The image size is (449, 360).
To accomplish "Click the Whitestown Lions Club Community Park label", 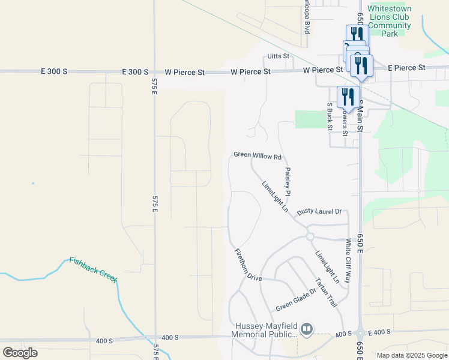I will coord(389,22).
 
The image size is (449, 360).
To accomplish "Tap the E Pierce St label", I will coord(406,68).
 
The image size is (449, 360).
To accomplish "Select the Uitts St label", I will coord(278,56).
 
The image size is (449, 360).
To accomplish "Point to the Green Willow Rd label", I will coord(258,155).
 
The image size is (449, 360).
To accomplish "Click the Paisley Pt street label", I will coord(288,182).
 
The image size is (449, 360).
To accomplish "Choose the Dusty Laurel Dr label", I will coord(319,212).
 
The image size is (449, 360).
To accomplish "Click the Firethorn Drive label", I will coord(247,265).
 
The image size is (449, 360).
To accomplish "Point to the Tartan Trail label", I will coord(327,293).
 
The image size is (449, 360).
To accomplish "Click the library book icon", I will coord(307,329).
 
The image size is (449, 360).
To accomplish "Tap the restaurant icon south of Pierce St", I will coord(348,97).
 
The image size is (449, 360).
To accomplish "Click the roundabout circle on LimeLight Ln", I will coord(310,236).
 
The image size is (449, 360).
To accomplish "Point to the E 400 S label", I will coord(379,332).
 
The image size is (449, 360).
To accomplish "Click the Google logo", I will coord(20,353).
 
